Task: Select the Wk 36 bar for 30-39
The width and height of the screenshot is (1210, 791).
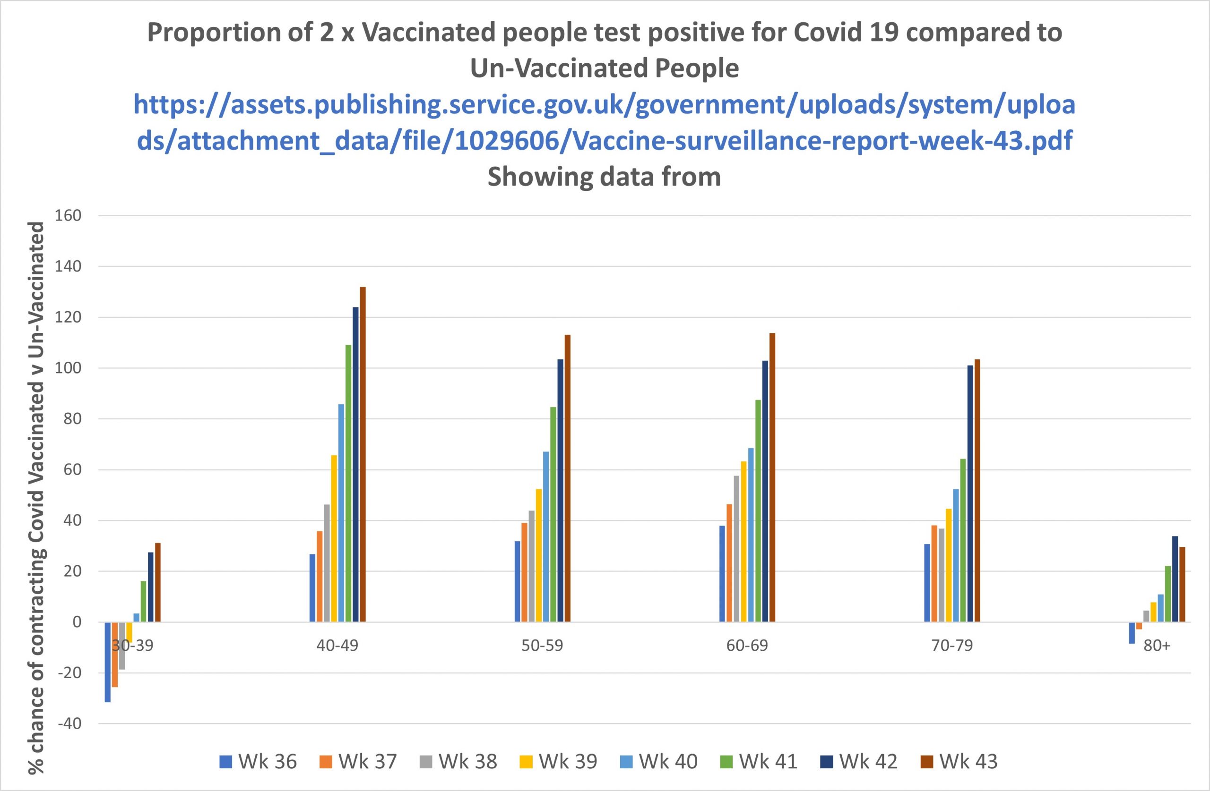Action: pyautogui.click(x=108, y=662)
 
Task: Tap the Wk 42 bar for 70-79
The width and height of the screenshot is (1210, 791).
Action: pyautogui.click(x=970, y=493)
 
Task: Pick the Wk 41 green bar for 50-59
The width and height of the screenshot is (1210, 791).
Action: pyautogui.click(x=553, y=514)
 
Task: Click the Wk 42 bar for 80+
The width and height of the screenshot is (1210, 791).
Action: pyautogui.click(x=1175, y=578)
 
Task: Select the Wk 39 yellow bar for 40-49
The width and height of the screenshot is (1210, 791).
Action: pyautogui.click(x=334, y=538)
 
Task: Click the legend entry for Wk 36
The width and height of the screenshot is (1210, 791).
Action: pyautogui.click(x=258, y=762)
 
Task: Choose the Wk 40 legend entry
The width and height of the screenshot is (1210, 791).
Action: pyautogui.click(x=658, y=762)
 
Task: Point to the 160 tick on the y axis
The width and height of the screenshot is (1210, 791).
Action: pyautogui.click(x=68, y=216)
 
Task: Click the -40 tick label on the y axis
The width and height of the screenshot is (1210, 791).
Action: pyautogui.click(x=69, y=723)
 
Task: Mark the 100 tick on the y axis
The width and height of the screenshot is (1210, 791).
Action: pyautogui.click(x=68, y=368)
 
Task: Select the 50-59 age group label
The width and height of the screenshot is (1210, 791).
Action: pyautogui.click(x=542, y=645)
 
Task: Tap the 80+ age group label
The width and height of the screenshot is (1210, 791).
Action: pyautogui.click(x=1157, y=645)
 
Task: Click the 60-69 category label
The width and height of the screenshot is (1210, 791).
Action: pyautogui.click(x=747, y=645)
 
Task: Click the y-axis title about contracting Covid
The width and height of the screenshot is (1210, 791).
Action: pyautogui.click(x=36, y=498)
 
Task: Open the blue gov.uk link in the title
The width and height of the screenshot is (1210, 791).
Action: pyautogui.click(x=605, y=122)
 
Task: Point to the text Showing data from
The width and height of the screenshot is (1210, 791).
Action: pyautogui.click(x=604, y=177)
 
